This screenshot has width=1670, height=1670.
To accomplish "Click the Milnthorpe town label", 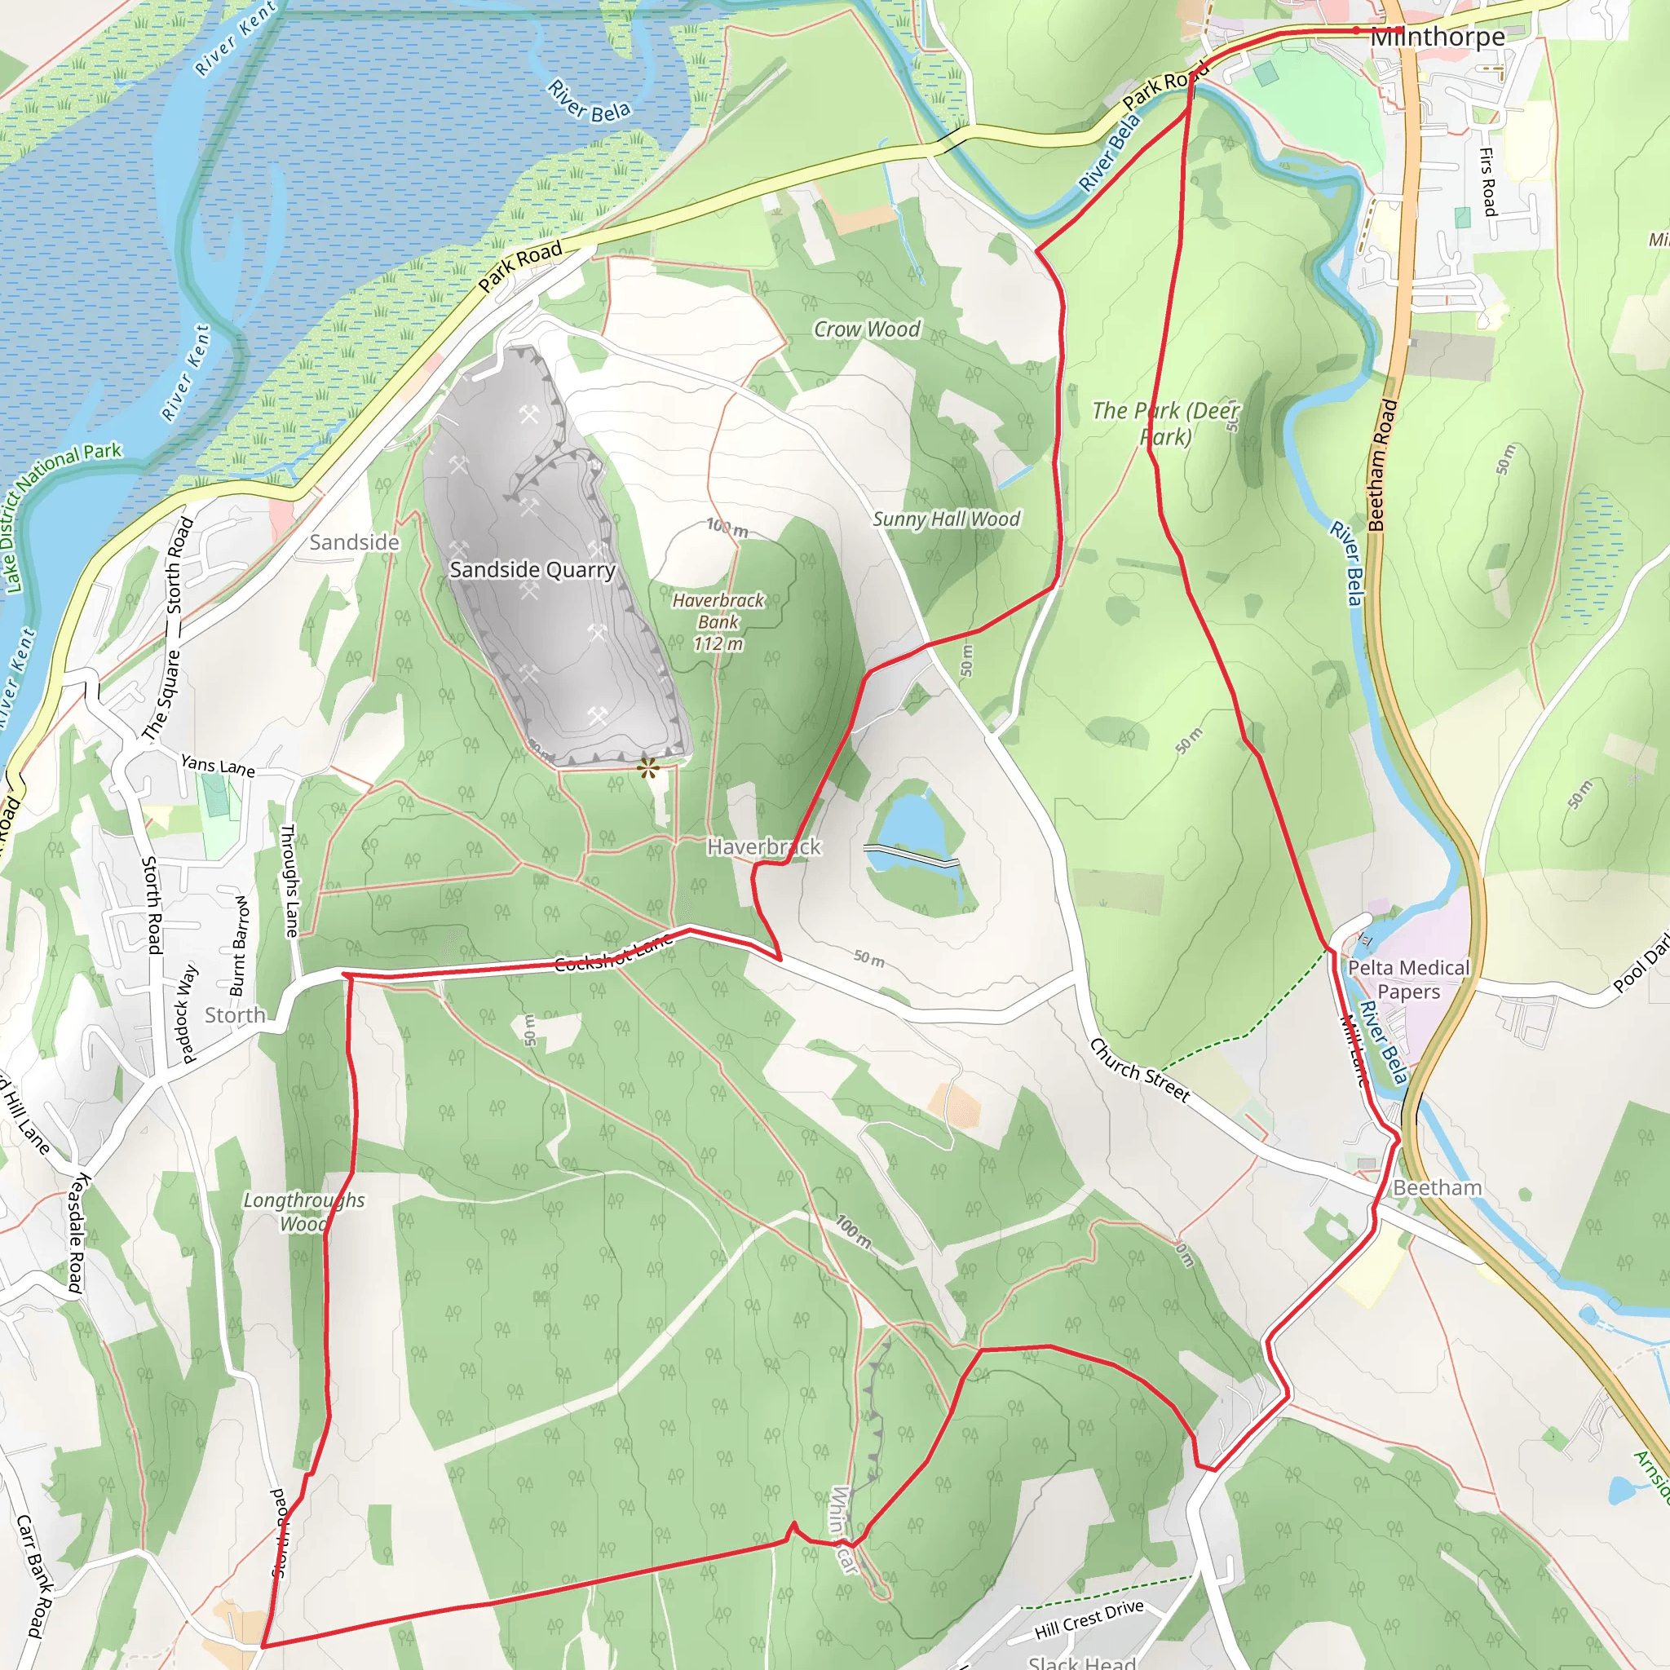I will [1438, 38].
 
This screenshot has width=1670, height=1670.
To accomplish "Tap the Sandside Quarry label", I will [532, 570].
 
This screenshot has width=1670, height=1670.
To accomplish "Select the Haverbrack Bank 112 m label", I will [718, 621].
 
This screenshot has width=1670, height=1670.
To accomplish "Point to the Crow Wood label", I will [867, 329].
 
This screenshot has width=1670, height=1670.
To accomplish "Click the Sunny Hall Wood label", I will [946, 519].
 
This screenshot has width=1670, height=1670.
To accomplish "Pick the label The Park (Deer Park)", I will [1165, 422].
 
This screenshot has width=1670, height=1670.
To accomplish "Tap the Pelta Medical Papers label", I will [1408, 979].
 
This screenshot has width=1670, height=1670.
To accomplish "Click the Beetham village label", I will [1437, 1187].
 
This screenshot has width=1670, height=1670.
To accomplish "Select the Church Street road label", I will [1139, 1070].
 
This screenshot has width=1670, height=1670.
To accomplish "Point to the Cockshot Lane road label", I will [613, 952].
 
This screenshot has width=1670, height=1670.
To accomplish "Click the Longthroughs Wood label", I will [303, 1211].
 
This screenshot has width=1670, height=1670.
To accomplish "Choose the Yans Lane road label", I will [218, 766].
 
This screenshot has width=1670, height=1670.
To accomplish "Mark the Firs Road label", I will [1487, 182].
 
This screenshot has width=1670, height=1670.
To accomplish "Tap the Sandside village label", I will [355, 543].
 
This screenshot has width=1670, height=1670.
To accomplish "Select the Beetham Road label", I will [1383, 464].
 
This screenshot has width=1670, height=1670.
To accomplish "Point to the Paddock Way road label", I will [185, 1012].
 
